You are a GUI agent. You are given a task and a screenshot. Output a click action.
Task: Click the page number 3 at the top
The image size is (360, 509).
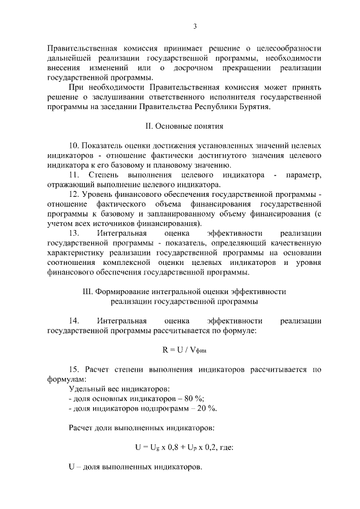[x=194, y=26]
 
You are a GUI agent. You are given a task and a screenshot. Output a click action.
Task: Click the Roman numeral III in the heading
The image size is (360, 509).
[x=87, y=292]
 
